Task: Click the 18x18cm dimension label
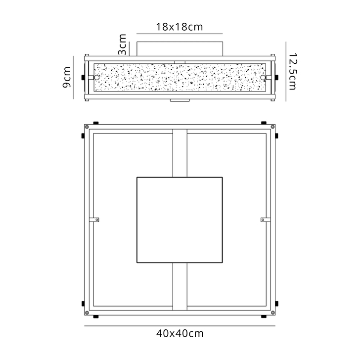180,27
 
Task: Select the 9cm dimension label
66,78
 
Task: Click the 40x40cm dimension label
180,333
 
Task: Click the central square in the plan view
180,219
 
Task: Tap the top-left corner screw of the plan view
87,128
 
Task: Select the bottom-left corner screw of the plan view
87,312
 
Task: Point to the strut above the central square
180,153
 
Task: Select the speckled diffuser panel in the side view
180,78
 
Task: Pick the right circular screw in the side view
263,78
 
